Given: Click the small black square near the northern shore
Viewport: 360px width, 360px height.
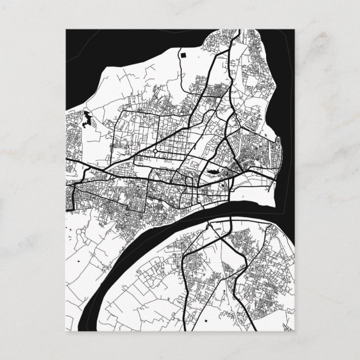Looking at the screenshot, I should pyautogui.click(x=183, y=55).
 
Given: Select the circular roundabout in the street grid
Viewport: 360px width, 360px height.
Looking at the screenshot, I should pyautogui.click(x=154, y=151).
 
